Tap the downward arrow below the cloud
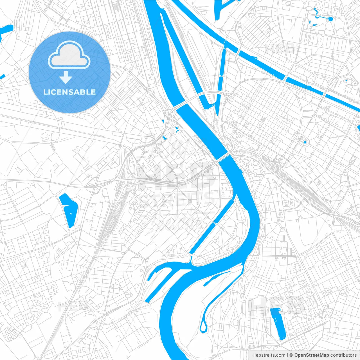coord(66,77)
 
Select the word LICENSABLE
coord(69,92)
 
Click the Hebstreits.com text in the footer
coord(269,355)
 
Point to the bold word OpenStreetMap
coord(312,355)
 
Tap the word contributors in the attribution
coord(343,355)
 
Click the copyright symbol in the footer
coord(291,355)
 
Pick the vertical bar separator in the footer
coord(287,355)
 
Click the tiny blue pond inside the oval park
coord(305,142)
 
